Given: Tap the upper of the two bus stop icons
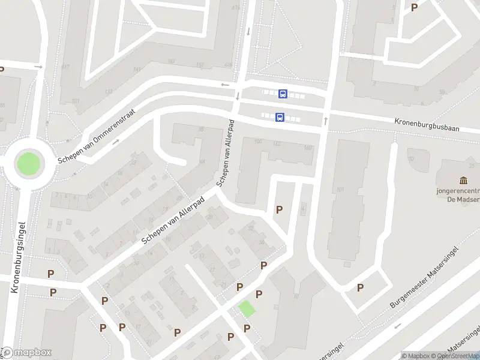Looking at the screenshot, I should pyautogui.click(x=283, y=94).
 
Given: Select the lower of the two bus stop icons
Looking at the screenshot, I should pyautogui.click(x=280, y=117).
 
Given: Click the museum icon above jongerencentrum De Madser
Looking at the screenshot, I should pyautogui.click(x=463, y=181).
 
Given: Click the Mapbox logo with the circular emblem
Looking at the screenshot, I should pyautogui.click(x=26, y=353).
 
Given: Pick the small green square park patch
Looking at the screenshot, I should pyautogui.click(x=247, y=309).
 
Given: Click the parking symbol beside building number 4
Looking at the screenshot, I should pyautogui.click(x=279, y=209).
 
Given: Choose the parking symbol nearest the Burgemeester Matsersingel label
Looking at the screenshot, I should pyautogui.click(x=361, y=287).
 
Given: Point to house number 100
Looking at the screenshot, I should pyautogui.click(x=259, y=142).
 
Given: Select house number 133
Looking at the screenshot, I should pyautogui.click(x=109, y=92).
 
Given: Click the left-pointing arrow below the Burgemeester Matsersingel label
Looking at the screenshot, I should pyautogui.click(x=397, y=327).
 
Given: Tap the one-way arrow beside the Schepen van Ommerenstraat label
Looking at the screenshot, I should pyautogui.click(x=116, y=142).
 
